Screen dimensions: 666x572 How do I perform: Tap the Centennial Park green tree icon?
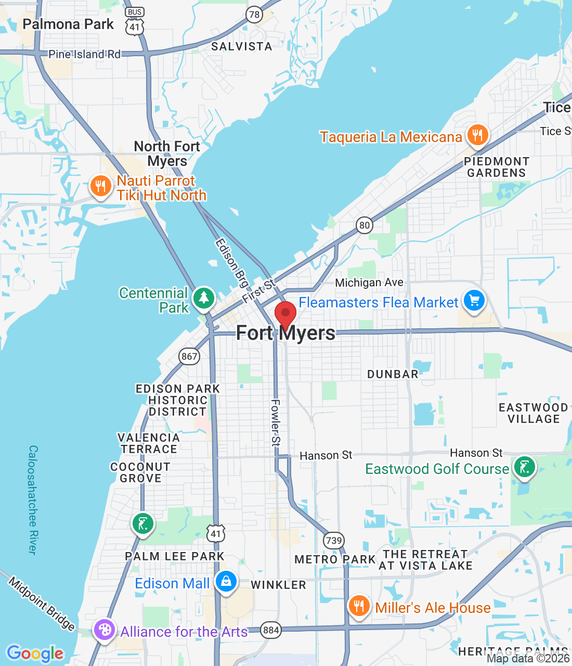(204, 298)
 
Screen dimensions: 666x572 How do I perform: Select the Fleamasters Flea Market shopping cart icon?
(474, 301)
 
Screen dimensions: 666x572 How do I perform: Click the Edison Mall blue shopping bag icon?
(226, 581)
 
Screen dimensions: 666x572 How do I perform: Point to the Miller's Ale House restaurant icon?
(359, 606)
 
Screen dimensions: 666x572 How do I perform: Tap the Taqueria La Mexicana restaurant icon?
(477, 135)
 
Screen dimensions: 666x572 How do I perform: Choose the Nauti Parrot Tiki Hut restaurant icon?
(100, 186)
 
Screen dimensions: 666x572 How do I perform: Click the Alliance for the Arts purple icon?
(104, 630)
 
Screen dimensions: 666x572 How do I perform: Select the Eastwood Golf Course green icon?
(524, 467)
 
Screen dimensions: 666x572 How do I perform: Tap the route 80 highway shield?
(365, 225)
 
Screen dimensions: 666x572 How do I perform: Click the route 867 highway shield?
(189, 356)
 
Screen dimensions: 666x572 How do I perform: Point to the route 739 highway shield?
(333, 540)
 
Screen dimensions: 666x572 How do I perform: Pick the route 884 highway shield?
(271, 631)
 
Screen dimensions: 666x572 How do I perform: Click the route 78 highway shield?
(254, 15)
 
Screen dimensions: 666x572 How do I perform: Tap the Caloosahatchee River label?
(33, 499)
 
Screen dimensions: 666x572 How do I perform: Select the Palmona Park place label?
(68, 24)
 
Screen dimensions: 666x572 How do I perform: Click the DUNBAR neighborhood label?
(393, 374)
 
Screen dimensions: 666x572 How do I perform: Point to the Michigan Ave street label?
(369, 283)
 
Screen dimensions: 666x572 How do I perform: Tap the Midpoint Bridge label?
(42, 604)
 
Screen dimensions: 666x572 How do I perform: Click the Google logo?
(35, 653)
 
